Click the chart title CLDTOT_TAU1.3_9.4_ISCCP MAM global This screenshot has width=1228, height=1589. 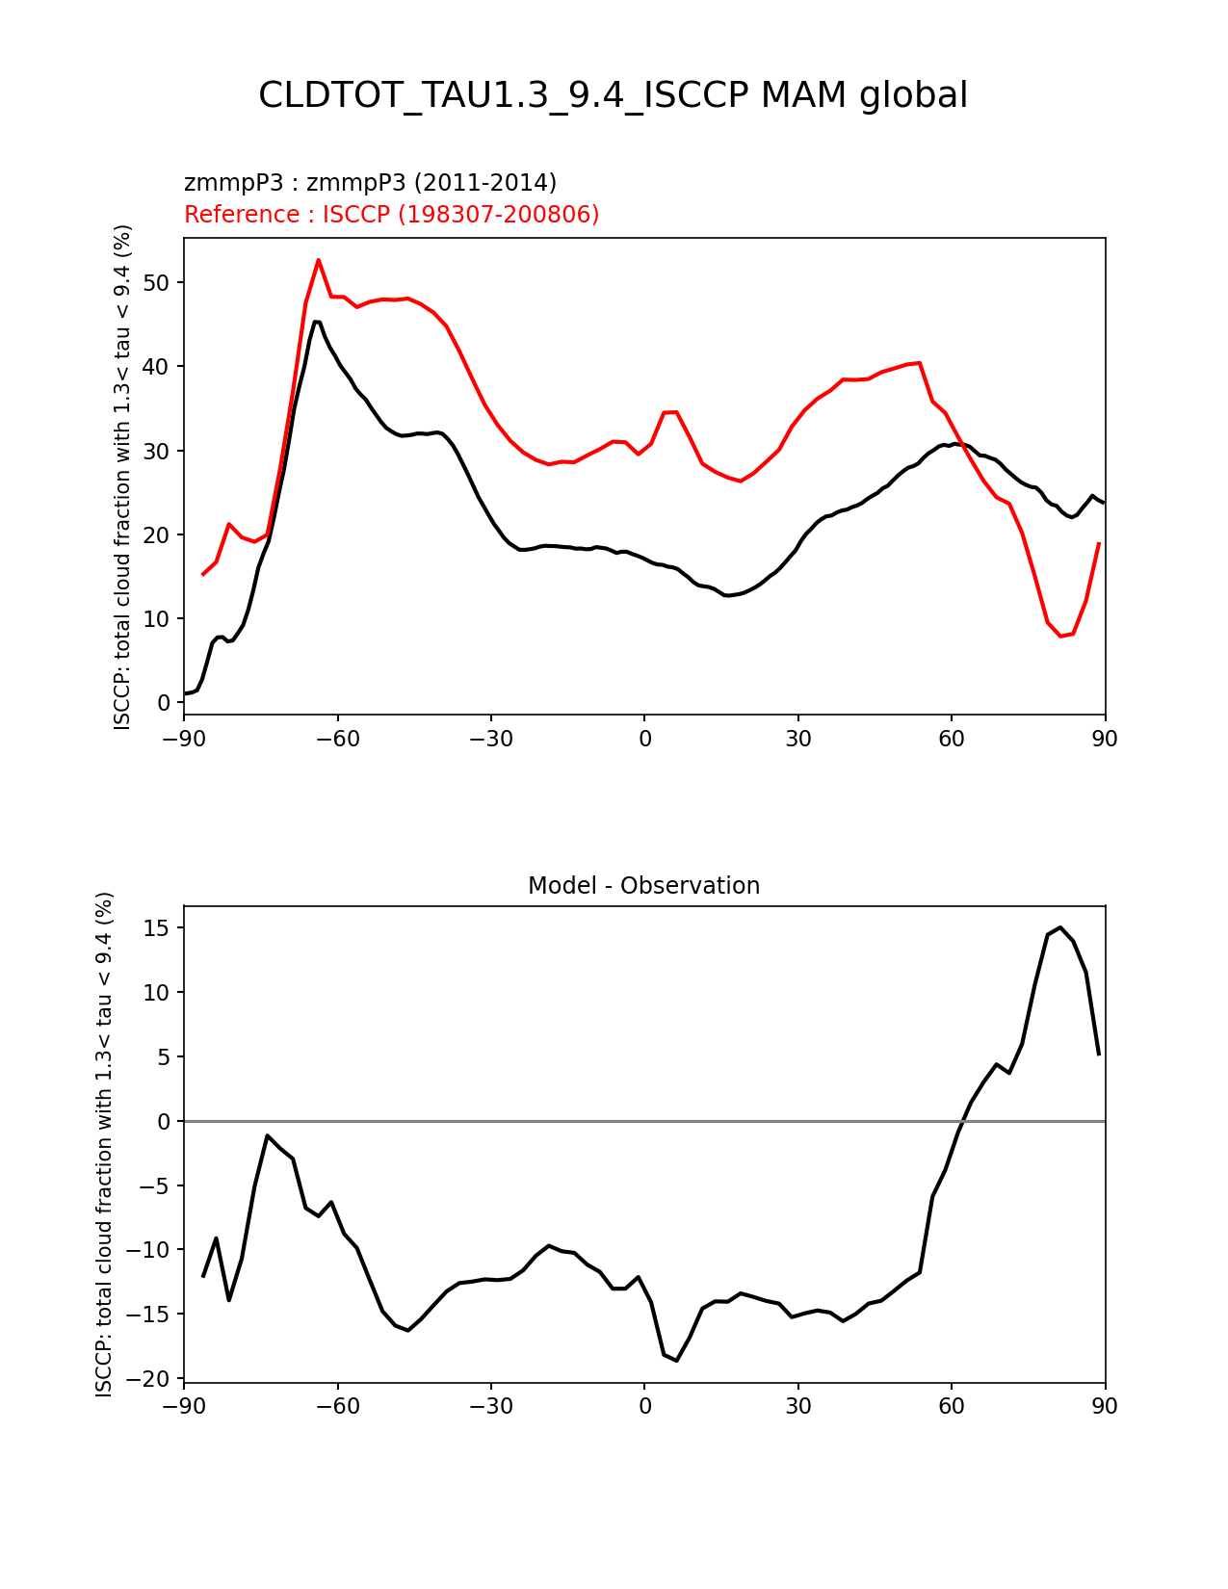coord(613,95)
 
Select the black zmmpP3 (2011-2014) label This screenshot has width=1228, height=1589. coord(370,183)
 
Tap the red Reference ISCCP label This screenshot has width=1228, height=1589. coord(391,215)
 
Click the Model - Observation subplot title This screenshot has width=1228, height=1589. coord(643,886)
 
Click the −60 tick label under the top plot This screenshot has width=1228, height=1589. coord(337,739)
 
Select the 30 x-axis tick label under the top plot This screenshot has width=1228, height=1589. coord(797,739)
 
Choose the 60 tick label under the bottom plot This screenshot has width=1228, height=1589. coord(952,1406)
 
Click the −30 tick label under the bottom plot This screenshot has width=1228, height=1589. coord(490,1406)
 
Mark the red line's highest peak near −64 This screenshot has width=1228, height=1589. coord(318,259)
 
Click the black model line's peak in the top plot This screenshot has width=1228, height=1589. coord(315,322)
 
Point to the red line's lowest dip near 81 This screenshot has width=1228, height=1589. coord(1060,636)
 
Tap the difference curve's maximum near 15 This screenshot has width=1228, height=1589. coord(1060,927)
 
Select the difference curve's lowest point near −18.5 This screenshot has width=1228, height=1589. coord(677,1360)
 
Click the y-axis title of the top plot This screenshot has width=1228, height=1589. coord(122,477)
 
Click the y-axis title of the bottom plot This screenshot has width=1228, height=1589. coord(104,1144)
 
